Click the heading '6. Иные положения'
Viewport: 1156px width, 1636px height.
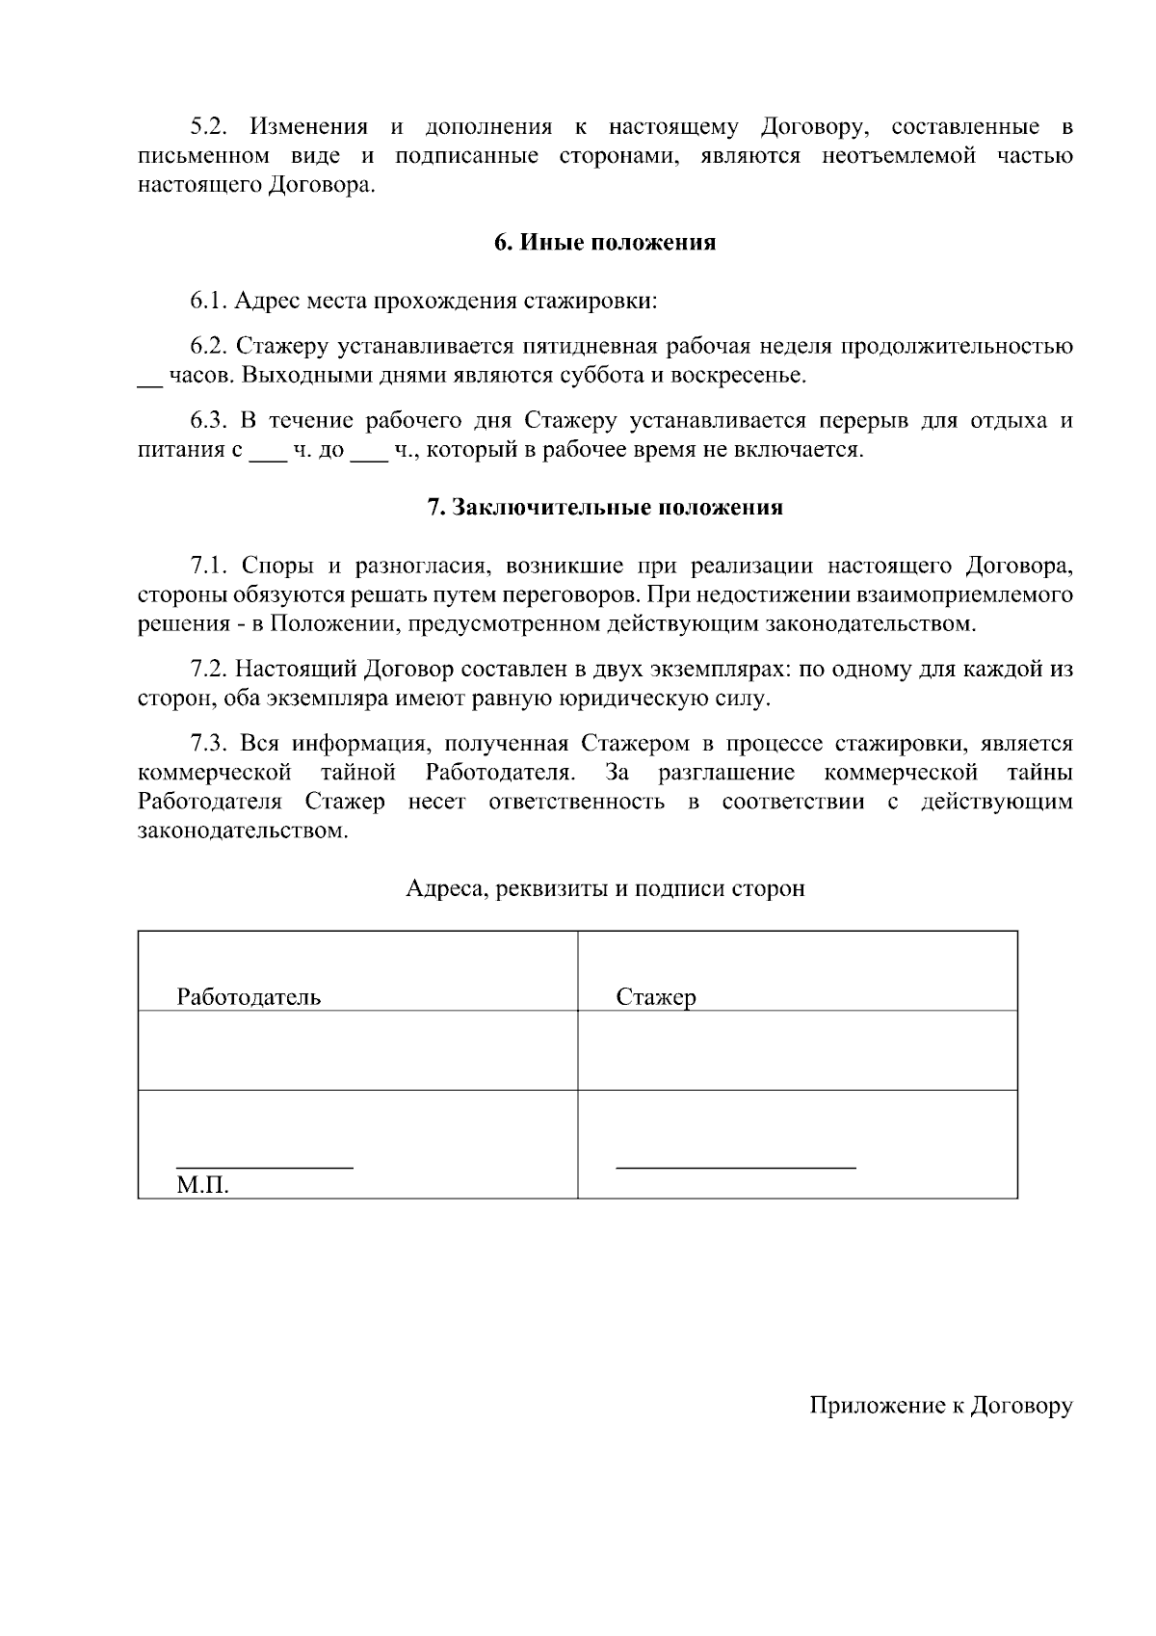[605, 243]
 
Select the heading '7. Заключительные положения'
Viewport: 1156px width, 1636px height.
[605, 508]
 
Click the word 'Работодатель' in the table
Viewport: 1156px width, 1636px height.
[249, 997]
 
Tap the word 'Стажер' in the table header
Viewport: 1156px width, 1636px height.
[655, 997]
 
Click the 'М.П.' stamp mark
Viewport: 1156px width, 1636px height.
[202, 1185]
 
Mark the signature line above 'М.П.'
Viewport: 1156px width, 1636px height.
[264, 1167]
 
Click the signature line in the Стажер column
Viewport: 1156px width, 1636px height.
[735, 1167]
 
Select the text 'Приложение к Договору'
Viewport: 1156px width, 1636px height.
[940, 1406]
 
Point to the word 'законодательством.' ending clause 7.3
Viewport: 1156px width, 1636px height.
[242, 830]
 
